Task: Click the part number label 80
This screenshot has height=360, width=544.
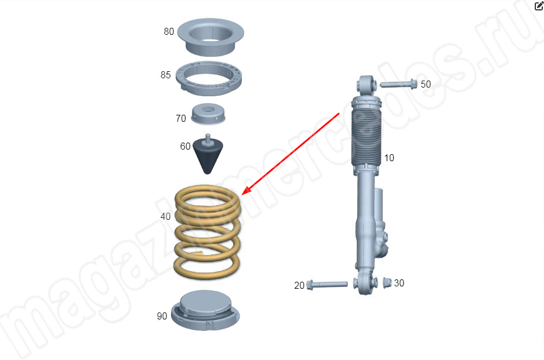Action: coord(169,31)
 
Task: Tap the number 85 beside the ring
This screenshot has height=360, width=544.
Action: coord(165,75)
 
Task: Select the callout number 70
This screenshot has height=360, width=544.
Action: coord(181,119)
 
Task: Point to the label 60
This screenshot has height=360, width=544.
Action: coord(185,146)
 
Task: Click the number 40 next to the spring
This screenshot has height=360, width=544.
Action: coord(165,216)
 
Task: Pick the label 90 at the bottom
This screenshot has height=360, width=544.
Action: coord(162,317)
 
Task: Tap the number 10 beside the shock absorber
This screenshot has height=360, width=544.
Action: coord(389,158)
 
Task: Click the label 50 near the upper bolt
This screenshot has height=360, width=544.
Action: coord(426,84)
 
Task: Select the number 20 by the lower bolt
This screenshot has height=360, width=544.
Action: coord(299,285)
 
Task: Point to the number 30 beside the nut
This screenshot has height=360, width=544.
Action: coord(399,283)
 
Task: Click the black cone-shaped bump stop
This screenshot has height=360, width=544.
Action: coord(208,154)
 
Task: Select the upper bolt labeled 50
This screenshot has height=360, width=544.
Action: coord(398,84)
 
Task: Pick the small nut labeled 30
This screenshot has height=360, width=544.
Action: coord(387,283)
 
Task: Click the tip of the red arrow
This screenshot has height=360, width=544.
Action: coord(242,195)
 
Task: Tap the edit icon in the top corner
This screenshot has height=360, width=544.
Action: coord(539,5)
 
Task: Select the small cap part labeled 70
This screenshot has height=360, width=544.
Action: coord(208,114)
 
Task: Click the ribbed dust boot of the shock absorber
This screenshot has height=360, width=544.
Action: coord(367,138)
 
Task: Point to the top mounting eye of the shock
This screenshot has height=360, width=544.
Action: coord(367,85)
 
